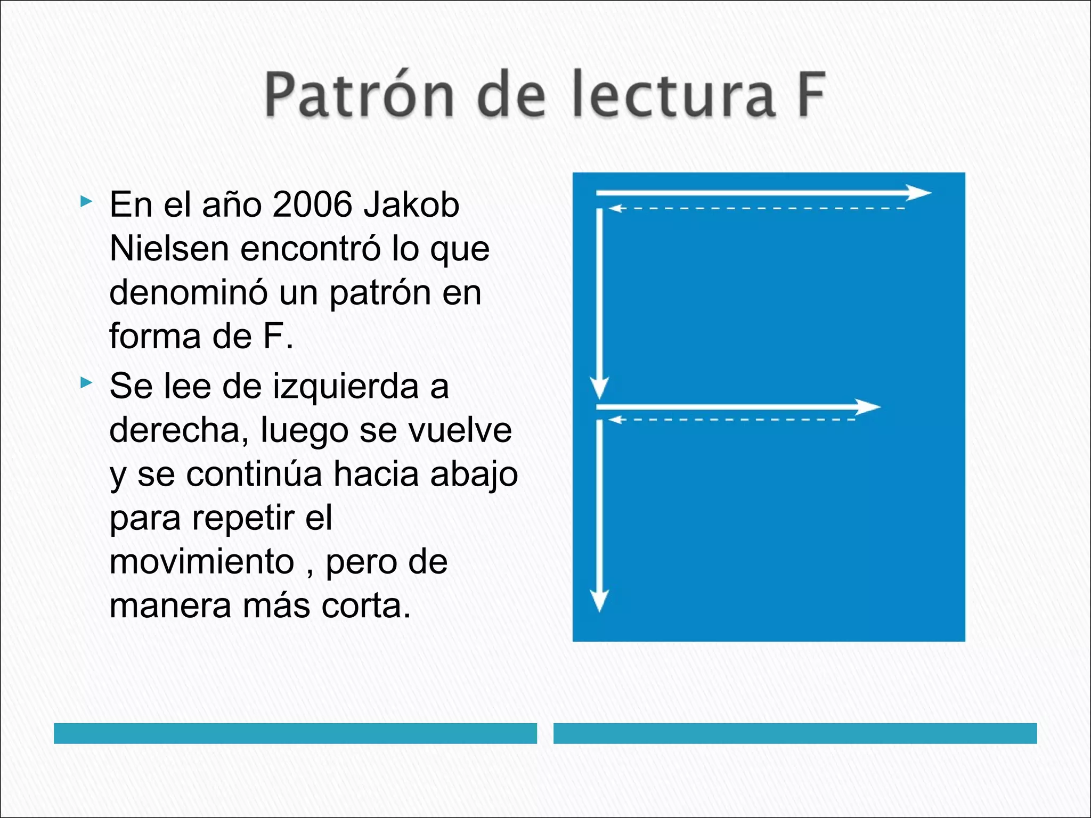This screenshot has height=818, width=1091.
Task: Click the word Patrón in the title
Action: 360,95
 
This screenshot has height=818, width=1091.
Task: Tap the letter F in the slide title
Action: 811,95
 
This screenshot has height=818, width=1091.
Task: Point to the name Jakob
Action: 411,204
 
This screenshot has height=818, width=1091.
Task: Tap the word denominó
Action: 188,293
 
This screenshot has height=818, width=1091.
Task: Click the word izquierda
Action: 346,386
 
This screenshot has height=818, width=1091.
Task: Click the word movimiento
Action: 202,562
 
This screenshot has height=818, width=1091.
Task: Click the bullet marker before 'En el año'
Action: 85,201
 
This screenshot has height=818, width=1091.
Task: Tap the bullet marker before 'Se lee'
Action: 85,382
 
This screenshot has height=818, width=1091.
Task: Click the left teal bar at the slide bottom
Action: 295,733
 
